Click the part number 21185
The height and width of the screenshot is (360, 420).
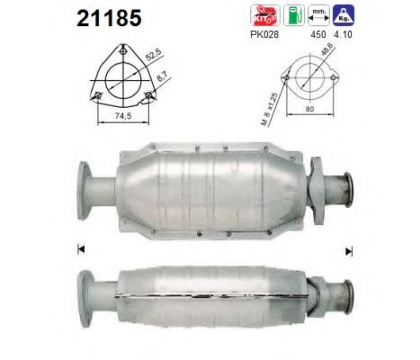99,15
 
